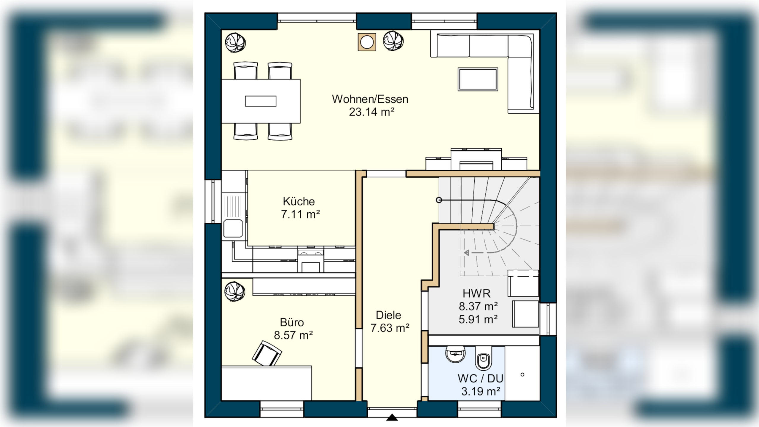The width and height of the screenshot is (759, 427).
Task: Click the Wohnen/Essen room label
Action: click(370, 99)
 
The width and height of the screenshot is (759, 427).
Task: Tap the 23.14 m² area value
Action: click(371, 112)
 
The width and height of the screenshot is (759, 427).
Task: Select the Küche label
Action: click(299, 201)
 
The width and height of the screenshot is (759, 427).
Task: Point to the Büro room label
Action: click(292, 322)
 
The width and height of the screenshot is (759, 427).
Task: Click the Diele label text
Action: click(388, 315)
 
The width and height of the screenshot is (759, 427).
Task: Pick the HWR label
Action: click(476, 293)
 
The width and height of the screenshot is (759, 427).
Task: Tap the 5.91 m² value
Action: click(478, 319)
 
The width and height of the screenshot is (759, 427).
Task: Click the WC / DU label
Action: click(480, 378)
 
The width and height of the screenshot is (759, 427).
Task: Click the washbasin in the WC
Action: click(455, 354)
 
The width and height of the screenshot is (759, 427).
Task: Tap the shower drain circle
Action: click(522, 375)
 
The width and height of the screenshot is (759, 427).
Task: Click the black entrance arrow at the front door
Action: click(392, 418)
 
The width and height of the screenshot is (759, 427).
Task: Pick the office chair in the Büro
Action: click(267, 353)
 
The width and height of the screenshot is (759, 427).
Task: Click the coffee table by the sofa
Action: click(478, 79)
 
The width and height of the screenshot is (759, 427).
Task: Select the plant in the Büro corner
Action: click(235, 291)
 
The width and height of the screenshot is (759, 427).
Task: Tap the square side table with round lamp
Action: click(367, 42)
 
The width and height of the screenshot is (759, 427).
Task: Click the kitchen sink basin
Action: click(233, 228)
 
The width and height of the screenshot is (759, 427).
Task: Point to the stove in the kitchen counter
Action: click(311, 261)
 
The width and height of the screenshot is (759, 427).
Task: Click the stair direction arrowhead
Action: click(467, 253)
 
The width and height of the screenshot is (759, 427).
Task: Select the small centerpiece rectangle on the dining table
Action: click(261, 101)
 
